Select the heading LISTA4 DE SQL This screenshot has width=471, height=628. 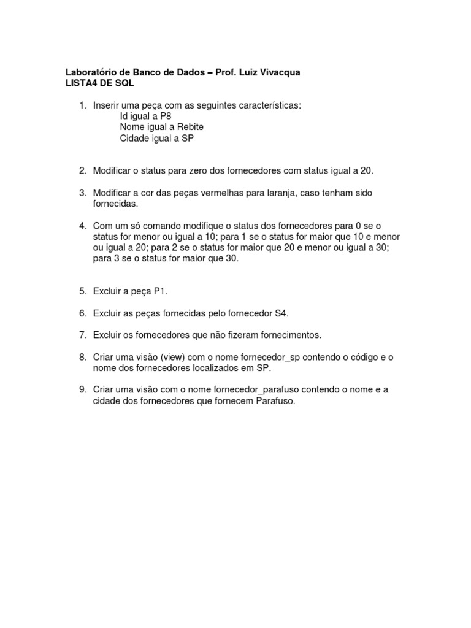point(99,83)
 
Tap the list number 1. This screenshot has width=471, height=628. point(82,106)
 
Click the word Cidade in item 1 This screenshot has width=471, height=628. point(134,138)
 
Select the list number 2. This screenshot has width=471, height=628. point(82,170)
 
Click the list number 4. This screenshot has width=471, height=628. point(82,226)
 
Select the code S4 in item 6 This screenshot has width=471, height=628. point(281,313)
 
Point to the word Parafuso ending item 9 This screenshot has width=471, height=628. point(275,402)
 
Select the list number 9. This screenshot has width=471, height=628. point(82,391)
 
